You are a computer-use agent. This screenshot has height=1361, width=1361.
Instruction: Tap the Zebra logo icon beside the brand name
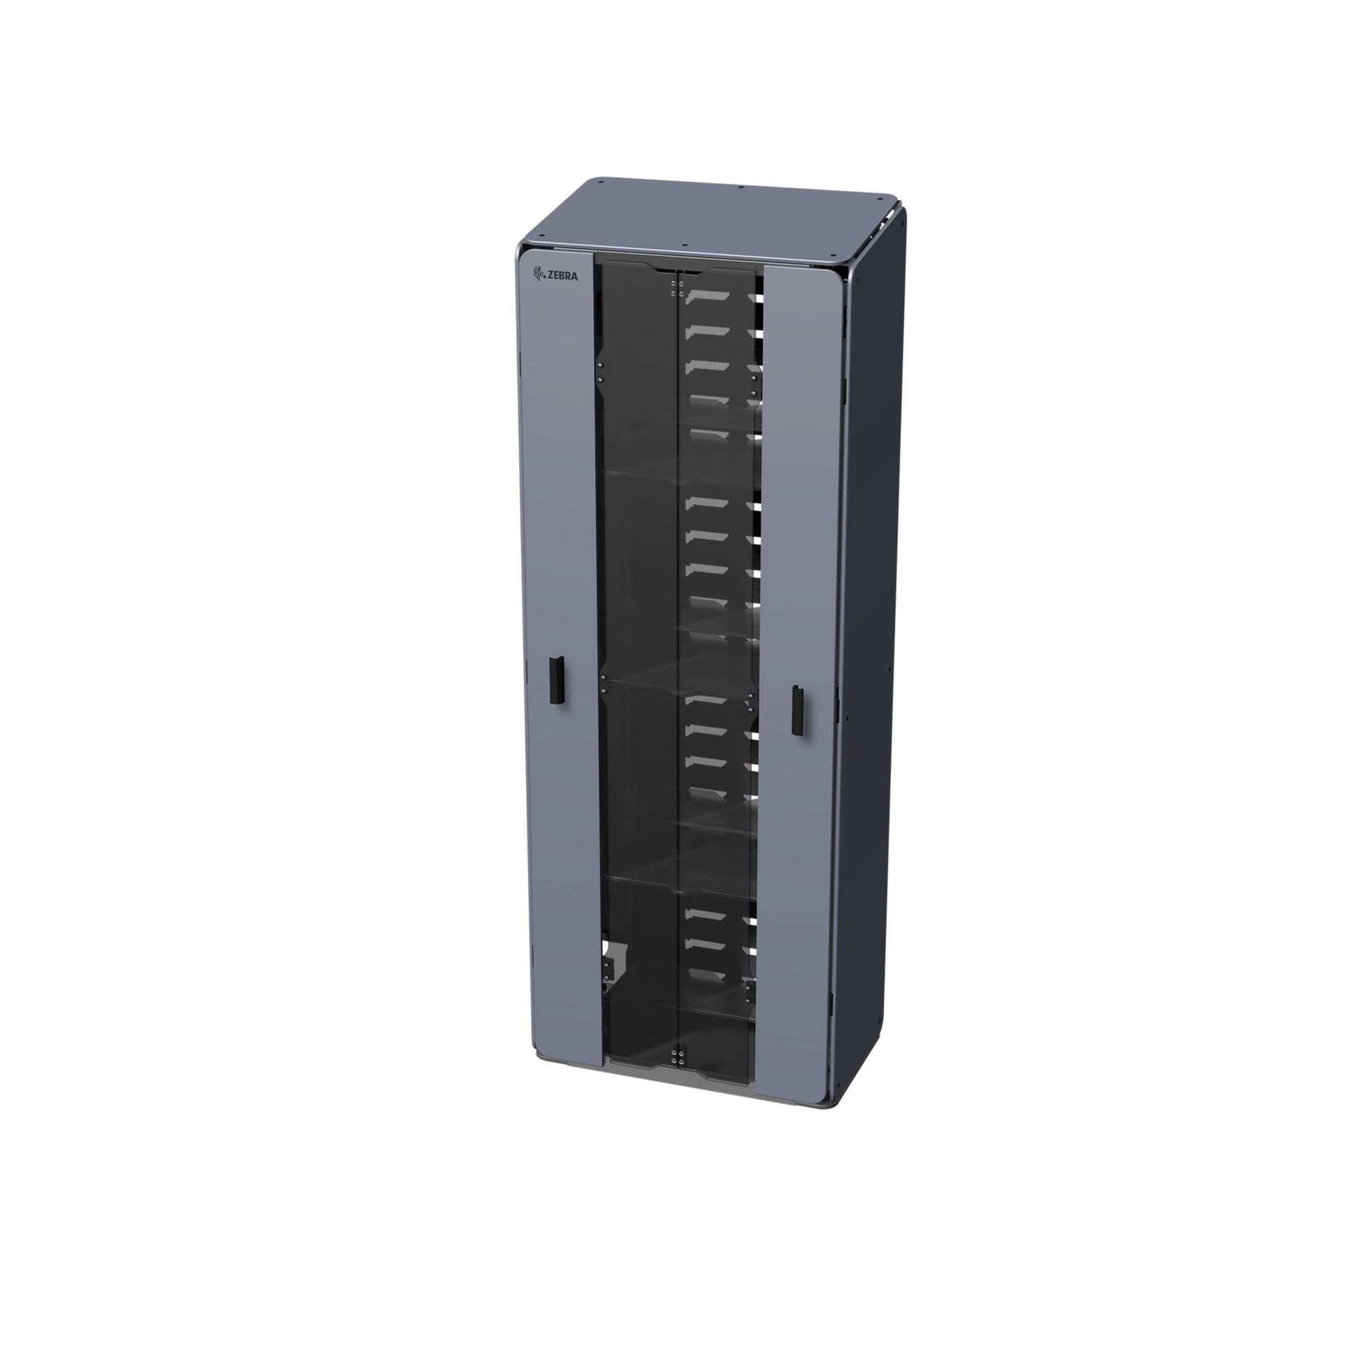tap(538, 273)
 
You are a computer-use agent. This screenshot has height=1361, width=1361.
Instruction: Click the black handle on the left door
tap(555, 681)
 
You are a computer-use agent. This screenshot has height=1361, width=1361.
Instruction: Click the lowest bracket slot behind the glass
tap(707, 974)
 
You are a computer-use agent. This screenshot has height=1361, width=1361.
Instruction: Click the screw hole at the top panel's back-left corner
tap(600, 182)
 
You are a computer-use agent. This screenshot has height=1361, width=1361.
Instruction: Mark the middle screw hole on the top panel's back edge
tap(740, 187)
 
